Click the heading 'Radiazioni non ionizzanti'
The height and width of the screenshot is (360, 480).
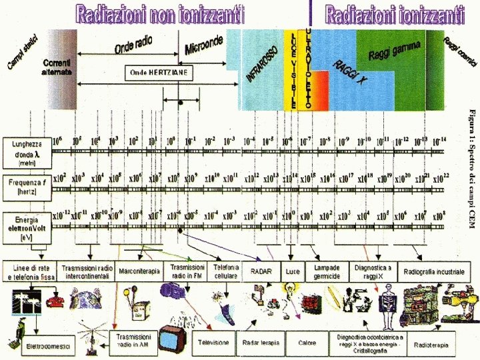(x=160, y=13)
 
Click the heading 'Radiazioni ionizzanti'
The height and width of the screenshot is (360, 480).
(x=395, y=13)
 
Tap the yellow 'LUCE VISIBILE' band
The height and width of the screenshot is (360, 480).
(x=291, y=70)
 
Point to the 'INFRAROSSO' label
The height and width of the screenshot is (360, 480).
(x=262, y=64)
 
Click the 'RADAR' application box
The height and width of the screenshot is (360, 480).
(x=261, y=271)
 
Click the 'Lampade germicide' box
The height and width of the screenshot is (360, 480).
(x=327, y=271)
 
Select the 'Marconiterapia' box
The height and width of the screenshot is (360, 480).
(x=139, y=271)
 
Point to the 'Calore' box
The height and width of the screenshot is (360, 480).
(x=307, y=343)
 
